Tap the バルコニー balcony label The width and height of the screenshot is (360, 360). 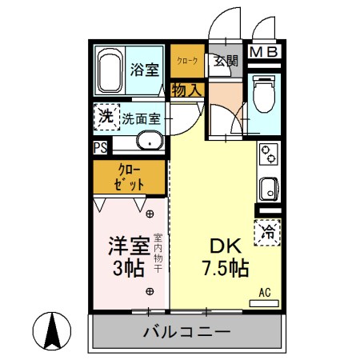tap(187, 331)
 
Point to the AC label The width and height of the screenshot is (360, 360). tap(263, 293)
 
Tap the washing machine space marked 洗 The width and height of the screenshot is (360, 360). tap(105, 117)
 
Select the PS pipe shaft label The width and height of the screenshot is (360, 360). tap(100, 148)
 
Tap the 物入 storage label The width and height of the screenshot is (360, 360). tap(186, 90)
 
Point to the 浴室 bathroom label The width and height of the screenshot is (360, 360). tap(144, 69)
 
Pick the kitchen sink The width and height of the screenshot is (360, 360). tap(267, 191)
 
